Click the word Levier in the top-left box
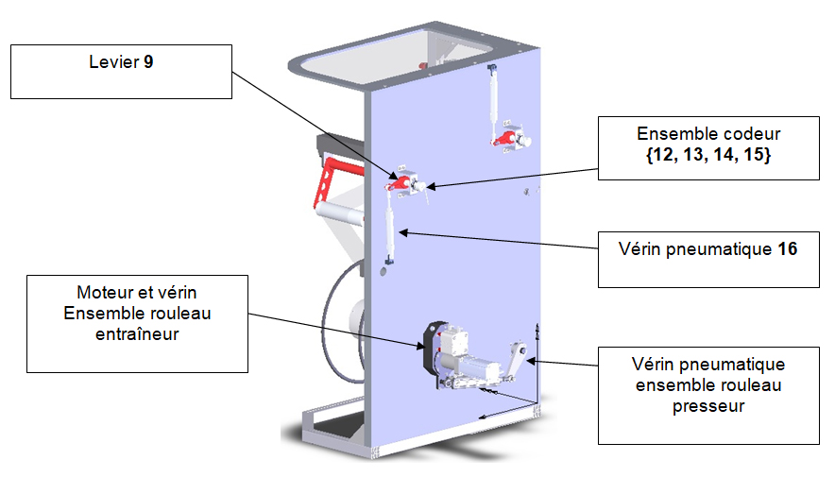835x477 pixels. (112, 63)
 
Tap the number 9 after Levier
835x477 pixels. (149, 63)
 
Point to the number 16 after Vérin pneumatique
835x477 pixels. (787, 249)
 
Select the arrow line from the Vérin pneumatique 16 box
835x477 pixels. (501, 239)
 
